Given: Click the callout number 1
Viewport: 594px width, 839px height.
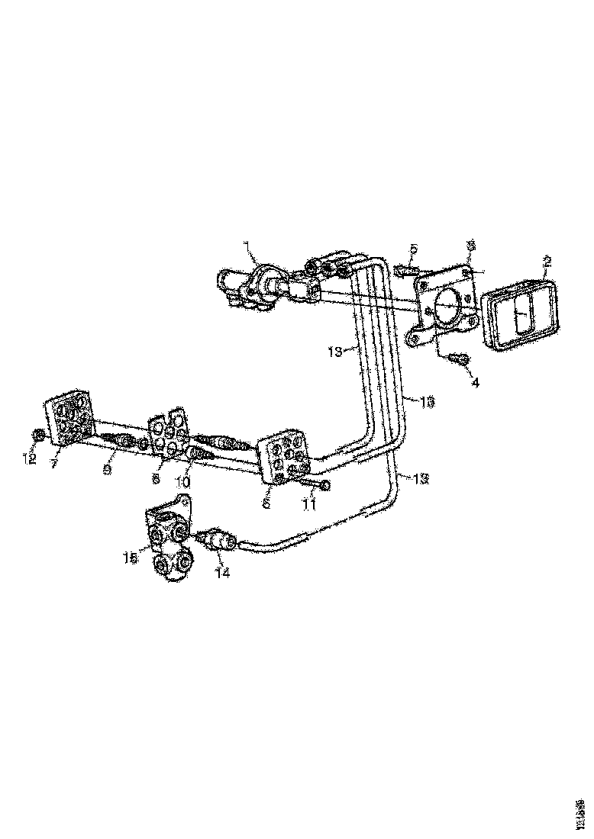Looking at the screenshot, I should coord(247,246).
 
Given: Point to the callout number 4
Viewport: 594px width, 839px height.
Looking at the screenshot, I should coord(475,382).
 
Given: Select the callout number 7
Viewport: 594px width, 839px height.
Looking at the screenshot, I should coord(54,465).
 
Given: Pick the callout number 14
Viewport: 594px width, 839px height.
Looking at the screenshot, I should coord(222,573).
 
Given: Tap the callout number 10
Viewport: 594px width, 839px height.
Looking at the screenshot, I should coord(183,482).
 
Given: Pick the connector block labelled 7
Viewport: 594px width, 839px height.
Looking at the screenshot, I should coord(70,420).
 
